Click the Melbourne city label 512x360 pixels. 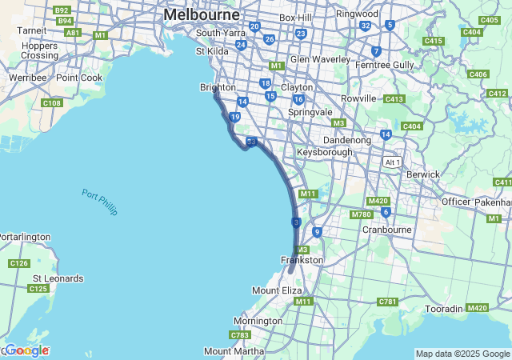201,15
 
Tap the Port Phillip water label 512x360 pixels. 99,202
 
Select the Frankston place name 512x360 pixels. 302,260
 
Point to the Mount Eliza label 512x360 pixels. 277,290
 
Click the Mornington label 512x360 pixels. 258,321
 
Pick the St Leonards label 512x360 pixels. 57,278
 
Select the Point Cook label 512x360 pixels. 79,78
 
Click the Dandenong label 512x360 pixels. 346,140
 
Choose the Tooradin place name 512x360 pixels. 444,309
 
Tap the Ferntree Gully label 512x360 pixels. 385,64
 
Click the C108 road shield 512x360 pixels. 52,103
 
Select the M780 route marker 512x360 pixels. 361,214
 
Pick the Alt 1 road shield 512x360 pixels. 393,162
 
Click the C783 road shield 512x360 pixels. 240,334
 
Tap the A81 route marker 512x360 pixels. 73,33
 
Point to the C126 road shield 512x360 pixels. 18,263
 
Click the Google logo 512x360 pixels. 26,350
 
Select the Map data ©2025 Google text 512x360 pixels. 462,354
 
